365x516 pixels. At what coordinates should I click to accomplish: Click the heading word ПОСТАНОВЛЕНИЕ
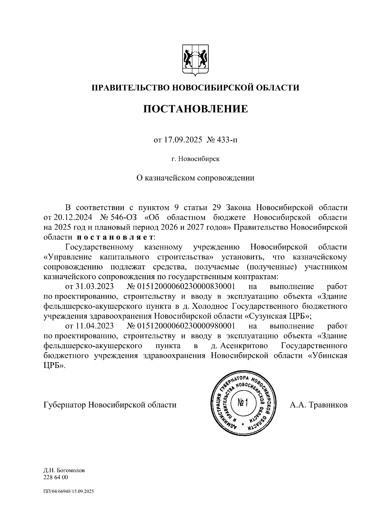(196, 109)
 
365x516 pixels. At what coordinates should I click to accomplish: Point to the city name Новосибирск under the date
(199, 159)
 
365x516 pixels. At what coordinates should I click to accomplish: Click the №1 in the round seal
(243, 403)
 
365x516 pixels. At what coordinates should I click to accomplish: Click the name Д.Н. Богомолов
(64, 479)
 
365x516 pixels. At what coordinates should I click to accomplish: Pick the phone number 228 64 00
(56, 486)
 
